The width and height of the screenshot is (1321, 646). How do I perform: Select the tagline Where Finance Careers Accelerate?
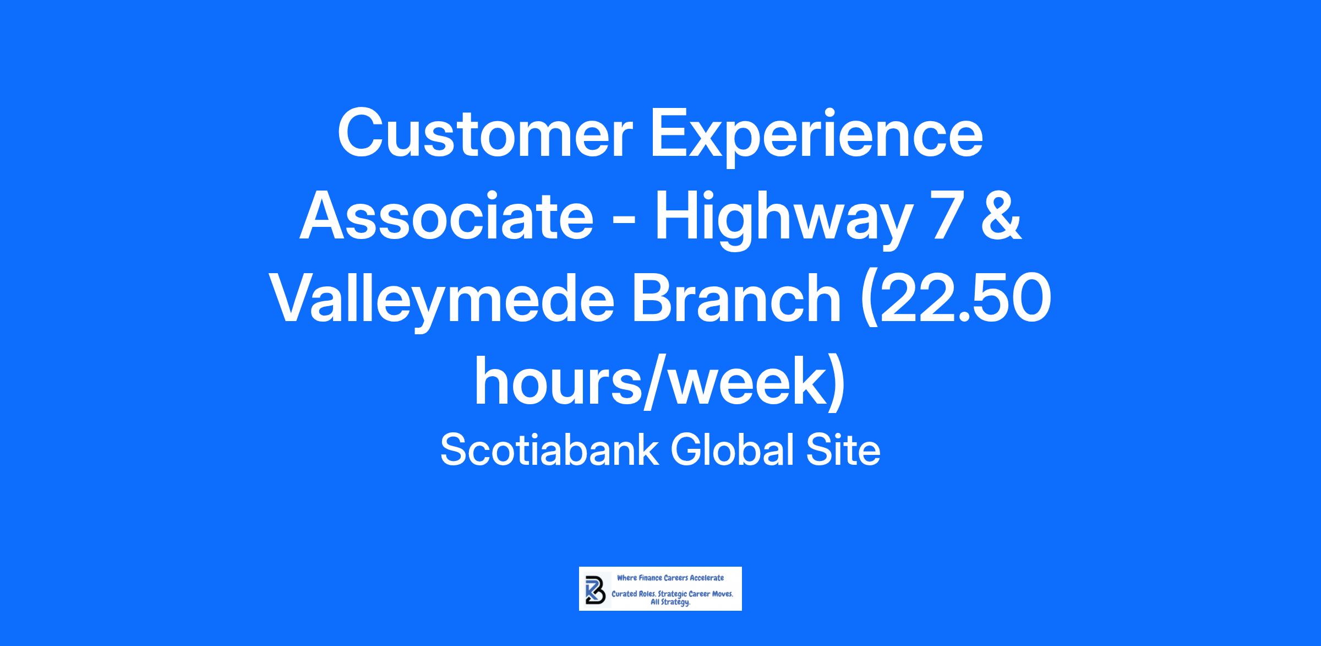(670, 578)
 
